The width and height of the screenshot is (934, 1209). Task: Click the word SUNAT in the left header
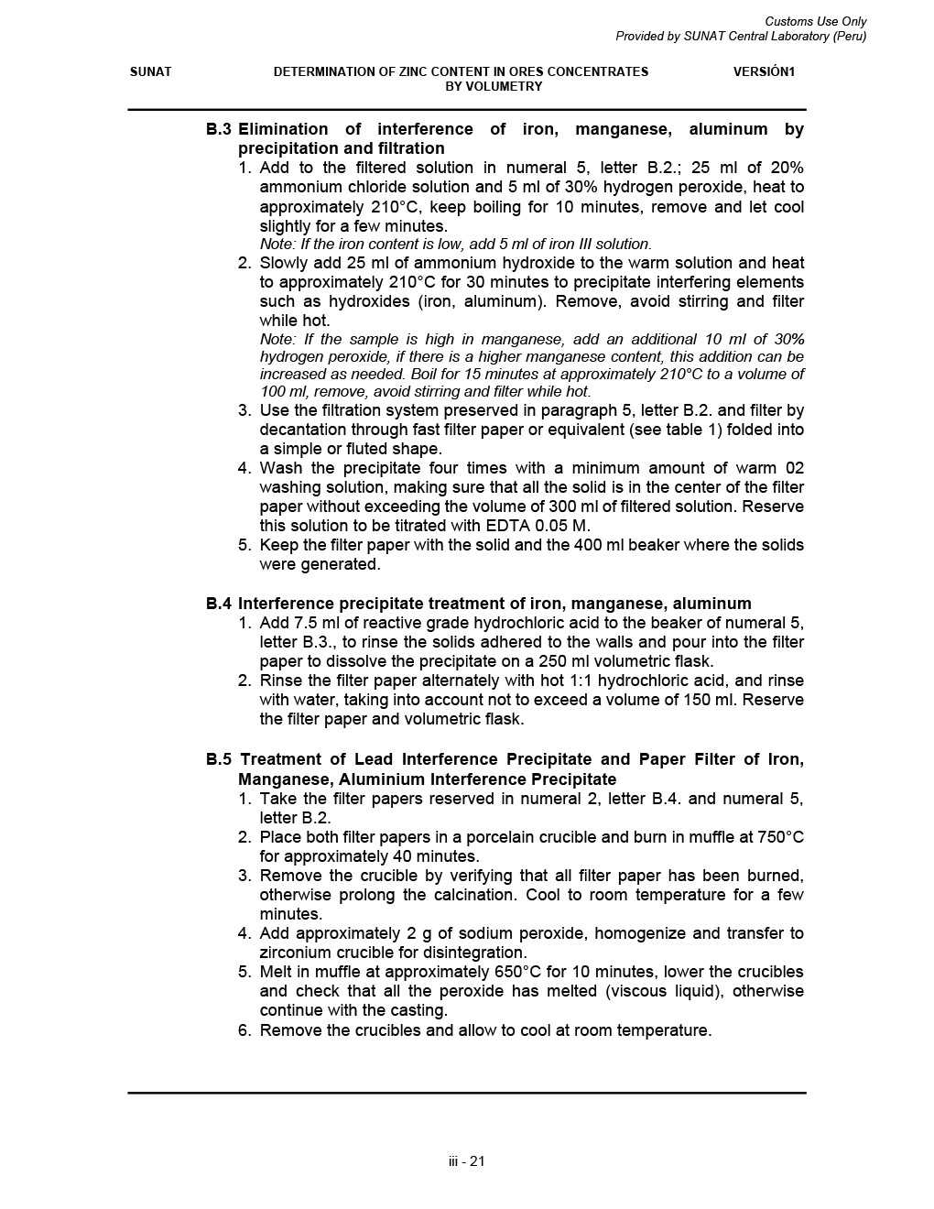tap(150, 71)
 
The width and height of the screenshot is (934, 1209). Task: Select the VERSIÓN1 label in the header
tap(764, 71)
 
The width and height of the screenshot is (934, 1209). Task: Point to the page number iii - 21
tap(467, 1161)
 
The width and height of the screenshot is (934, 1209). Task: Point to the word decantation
tap(305, 430)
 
